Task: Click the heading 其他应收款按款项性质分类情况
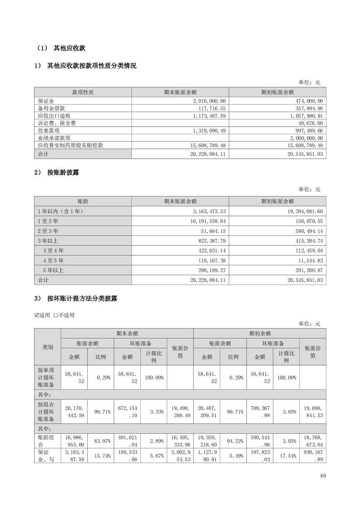coord(91,66)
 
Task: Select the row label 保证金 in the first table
coord(46,101)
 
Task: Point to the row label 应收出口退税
coord(52,115)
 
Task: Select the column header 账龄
coord(83,201)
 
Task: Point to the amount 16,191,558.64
coord(205,221)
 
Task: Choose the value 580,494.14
coord(305,231)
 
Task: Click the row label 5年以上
coord(53,270)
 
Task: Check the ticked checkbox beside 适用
coord(37,315)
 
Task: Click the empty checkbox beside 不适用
coord(55,315)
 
